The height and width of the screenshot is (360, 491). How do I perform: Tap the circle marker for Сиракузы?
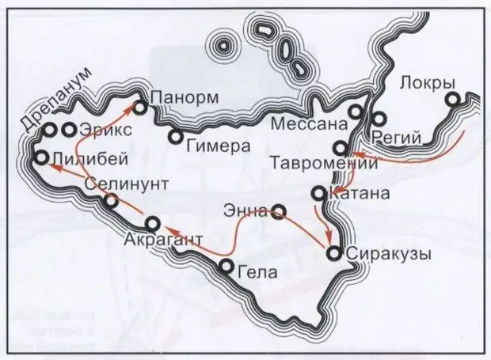333,253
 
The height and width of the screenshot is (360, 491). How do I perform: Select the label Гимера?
216,146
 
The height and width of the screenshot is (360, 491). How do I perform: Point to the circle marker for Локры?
452,100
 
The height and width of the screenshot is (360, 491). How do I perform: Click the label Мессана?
309,123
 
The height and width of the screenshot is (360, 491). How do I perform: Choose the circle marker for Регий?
379,119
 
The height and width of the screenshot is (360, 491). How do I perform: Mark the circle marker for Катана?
318,192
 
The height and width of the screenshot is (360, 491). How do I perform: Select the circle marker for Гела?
226,266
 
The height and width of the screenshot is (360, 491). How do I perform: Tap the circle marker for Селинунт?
112,202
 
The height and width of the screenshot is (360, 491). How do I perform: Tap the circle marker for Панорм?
140,106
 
